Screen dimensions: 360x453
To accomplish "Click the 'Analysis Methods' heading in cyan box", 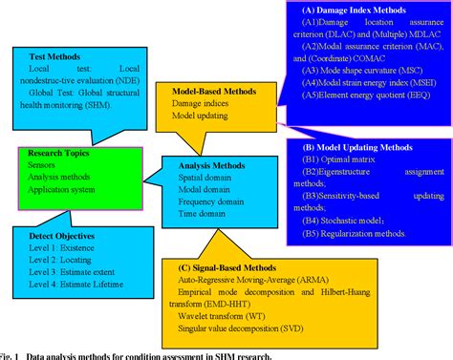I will (204, 163).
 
